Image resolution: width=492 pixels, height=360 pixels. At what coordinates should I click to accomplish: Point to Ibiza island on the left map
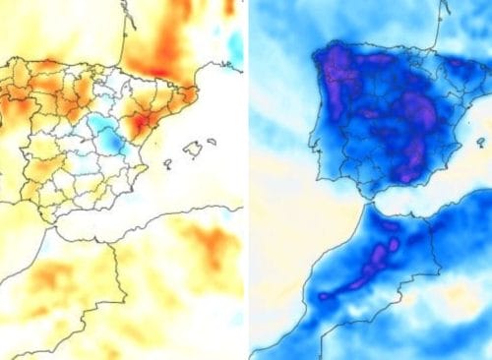click(167, 163)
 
